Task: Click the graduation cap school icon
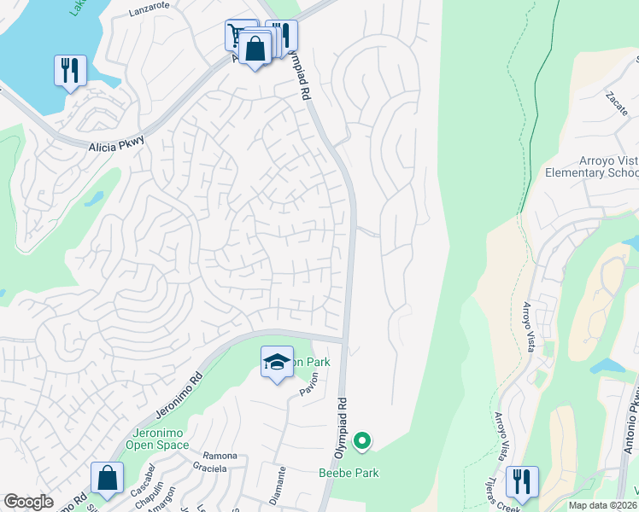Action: [277, 363]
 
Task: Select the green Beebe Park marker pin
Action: [362, 441]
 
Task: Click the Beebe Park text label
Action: [348, 473]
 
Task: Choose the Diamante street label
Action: [279, 482]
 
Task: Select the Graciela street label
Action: [209, 468]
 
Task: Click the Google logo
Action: [28, 502]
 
